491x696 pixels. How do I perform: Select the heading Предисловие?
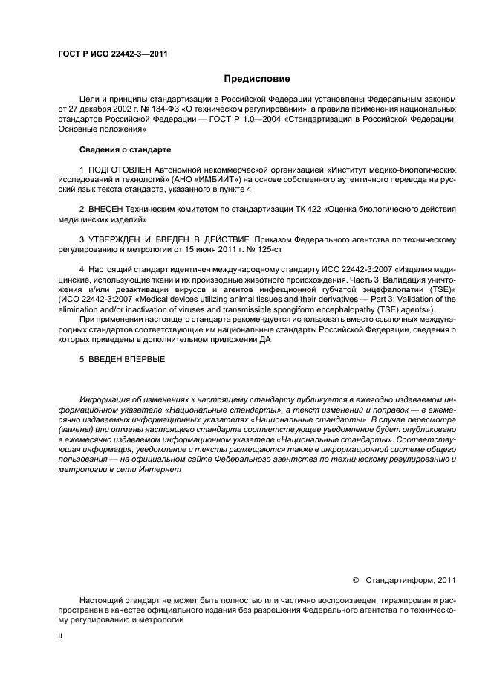(x=257, y=79)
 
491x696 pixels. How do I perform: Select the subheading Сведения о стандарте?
(x=120, y=149)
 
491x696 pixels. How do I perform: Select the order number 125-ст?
(x=266, y=251)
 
